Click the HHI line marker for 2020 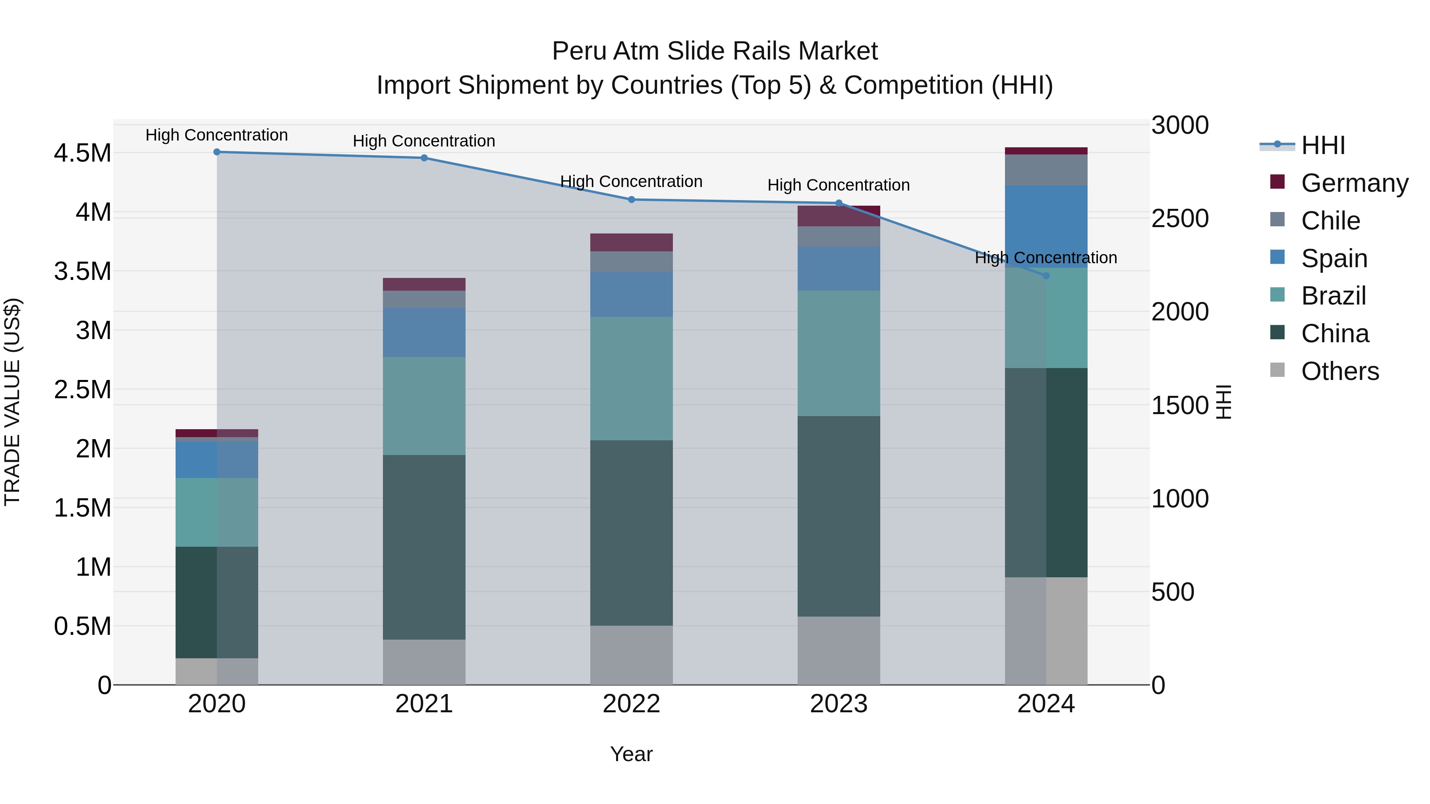pyautogui.click(x=217, y=152)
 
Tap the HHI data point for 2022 pyautogui.click(x=631, y=200)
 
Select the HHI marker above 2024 pyautogui.click(x=1046, y=276)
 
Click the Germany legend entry pyautogui.click(x=1354, y=183)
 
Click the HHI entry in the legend pyautogui.click(x=1323, y=145)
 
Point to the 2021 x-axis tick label pyautogui.click(x=424, y=704)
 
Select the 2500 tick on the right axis pyautogui.click(x=1180, y=219)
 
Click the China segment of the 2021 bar pyautogui.click(x=424, y=547)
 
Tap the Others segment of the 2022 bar pyautogui.click(x=631, y=655)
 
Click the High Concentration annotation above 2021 pyautogui.click(x=424, y=141)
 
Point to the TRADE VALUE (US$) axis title pyautogui.click(x=12, y=402)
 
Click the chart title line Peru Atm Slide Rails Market pyautogui.click(x=715, y=51)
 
